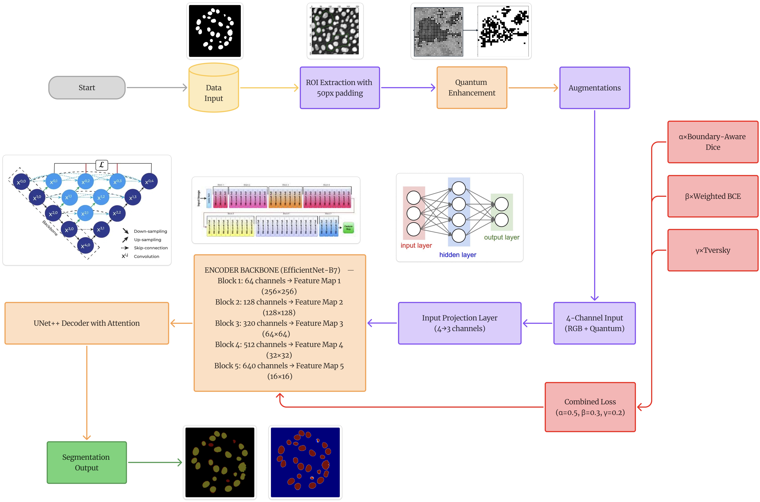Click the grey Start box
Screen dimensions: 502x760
[87, 88]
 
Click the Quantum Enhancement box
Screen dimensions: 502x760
[472, 88]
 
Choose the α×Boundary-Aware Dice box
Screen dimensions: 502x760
[713, 142]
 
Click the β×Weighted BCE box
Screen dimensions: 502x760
[713, 196]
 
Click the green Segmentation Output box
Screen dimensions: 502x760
[87, 462]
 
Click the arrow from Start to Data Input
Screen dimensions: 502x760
[157, 87]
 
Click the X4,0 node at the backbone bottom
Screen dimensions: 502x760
[85, 246]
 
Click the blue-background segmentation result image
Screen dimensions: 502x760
[305, 462]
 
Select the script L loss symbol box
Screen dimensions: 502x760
[102, 165]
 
